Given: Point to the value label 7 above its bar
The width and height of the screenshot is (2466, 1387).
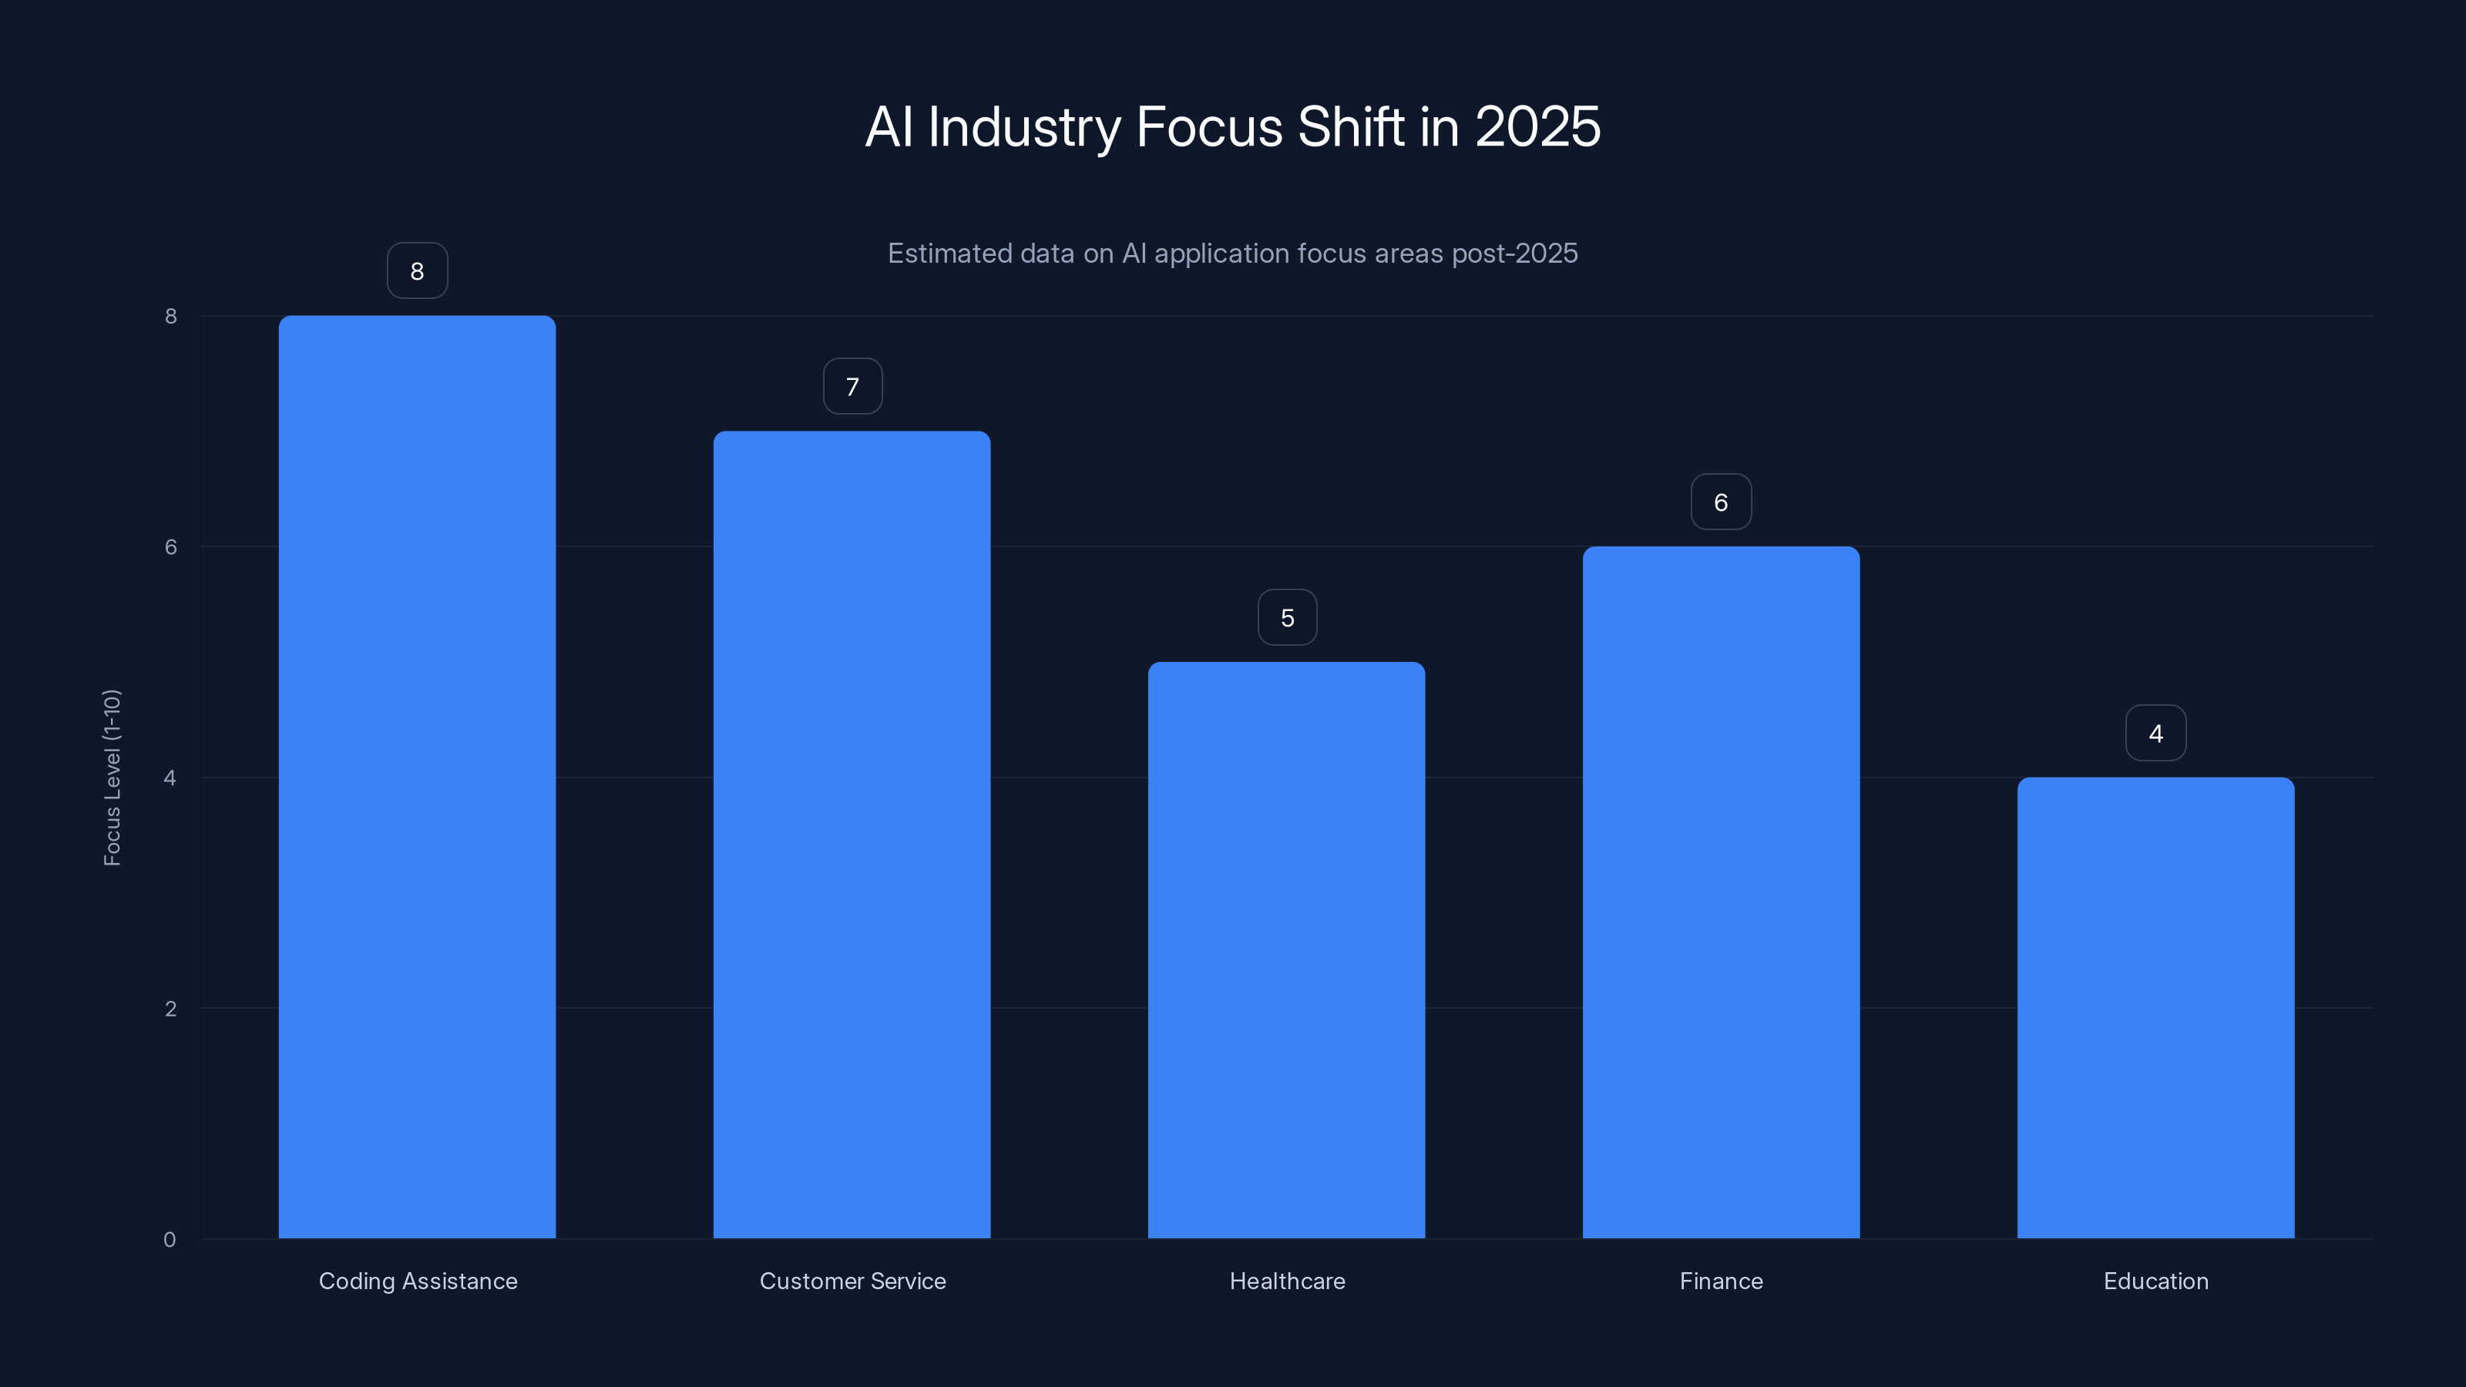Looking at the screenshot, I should pyautogui.click(x=852, y=387).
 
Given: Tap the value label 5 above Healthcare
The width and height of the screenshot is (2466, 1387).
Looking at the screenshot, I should pyautogui.click(x=1287, y=617).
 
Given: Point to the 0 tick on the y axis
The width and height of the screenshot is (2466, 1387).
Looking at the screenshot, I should pyautogui.click(x=170, y=1240).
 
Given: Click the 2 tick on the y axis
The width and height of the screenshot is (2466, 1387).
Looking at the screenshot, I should pyautogui.click(x=170, y=1008).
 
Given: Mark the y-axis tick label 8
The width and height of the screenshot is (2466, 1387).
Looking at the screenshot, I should pyautogui.click(x=170, y=316).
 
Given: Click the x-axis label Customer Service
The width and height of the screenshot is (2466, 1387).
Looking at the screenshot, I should pyautogui.click(x=852, y=1281).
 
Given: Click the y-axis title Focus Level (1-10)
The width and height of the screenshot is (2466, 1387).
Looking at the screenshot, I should pyautogui.click(x=112, y=777).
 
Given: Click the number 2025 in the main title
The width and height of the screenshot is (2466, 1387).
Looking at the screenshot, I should pyautogui.click(x=1537, y=126).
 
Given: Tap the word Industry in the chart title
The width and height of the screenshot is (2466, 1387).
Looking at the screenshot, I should pyautogui.click(x=1023, y=126).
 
